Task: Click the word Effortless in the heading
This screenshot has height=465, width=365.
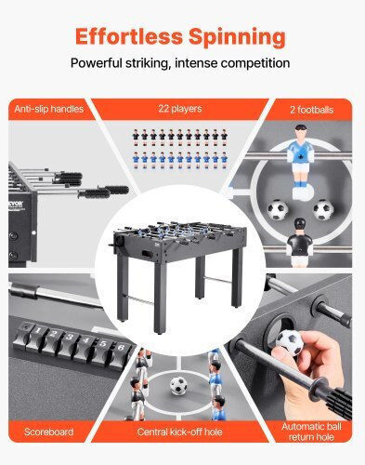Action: [x=129, y=36]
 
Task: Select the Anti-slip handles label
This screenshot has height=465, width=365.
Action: [x=49, y=109]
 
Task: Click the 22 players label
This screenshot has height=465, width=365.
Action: [x=180, y=109]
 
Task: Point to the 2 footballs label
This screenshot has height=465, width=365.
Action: [x=311, y=110]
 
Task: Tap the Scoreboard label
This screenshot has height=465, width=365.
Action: [x=49, y=432]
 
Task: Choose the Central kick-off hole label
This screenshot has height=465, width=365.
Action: [x=179, y=432]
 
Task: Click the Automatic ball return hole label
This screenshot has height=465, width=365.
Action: [x=311, y=432]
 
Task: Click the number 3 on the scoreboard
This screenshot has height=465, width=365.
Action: [x=70, y=337]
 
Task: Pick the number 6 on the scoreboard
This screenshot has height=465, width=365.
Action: [x=121, y=348]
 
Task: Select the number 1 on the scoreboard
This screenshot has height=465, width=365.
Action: [x=37, y=330]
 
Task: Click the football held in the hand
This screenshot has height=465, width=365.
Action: [x=290, y=342]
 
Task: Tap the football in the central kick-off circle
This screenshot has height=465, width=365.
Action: [x=178, y=385]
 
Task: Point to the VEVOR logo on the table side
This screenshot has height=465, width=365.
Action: [x=16, y=205]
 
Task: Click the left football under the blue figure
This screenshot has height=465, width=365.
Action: [x=278, y=209]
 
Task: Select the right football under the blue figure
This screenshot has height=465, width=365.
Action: [x=323, y=209]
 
